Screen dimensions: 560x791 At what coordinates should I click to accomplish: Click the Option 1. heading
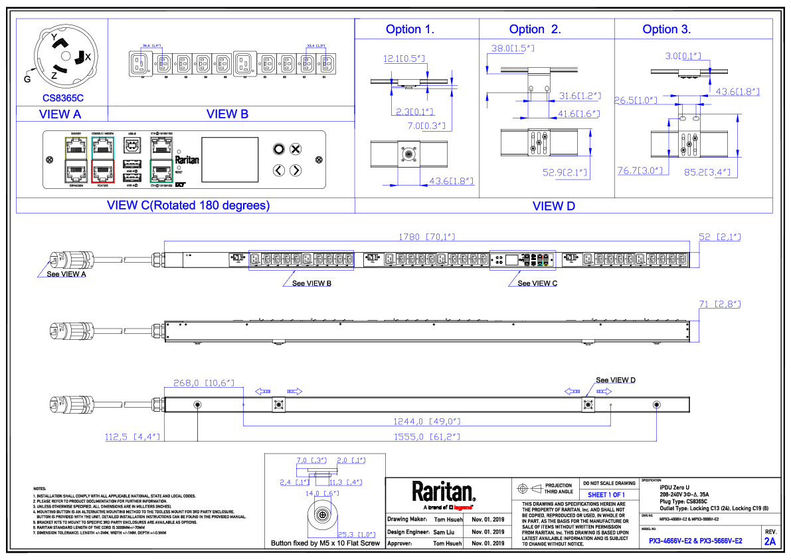click(x=410, y=29)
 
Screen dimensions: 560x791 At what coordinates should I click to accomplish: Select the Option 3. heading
click(x=666, y=29)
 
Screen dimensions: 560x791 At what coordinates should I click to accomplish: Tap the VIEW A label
click(x=60, y=114)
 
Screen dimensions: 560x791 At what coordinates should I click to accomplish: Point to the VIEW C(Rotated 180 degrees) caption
click(x=189, y=206)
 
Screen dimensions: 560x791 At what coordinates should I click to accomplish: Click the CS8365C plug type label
click(x=63, y=98)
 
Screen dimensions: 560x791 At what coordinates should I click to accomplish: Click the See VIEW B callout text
click(x=311, y=283)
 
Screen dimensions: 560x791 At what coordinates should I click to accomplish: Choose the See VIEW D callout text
click(x=615, y=380)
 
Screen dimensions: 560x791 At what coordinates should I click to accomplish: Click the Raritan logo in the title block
click(x=444, y=492)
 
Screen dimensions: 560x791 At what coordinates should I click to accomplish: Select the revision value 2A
click(x=770, y=542)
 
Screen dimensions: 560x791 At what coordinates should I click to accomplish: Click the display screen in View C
click(x=230, y=160)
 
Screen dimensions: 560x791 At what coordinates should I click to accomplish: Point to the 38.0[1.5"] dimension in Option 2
click(x=512, y=49)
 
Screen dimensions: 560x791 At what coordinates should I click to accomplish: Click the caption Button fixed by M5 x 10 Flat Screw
click(x=325, y=543)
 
